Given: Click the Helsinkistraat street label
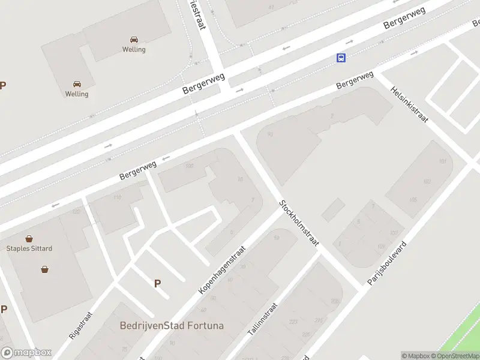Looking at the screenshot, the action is click(x=409, y=103).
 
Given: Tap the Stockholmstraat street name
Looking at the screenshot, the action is click(x=299, y=223).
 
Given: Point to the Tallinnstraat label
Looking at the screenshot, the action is click(x=262, y=319).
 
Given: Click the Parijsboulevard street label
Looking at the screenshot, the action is click(x=388, y=262).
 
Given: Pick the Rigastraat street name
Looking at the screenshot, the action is click(x=81, y=325).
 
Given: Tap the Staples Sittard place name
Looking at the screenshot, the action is click(x=29, y=248).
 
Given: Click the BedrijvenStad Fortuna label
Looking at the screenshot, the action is click(x=172, y=326).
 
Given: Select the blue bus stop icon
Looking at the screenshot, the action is click(x=341, y=58).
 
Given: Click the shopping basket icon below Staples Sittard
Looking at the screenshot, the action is click(x=44, y=269).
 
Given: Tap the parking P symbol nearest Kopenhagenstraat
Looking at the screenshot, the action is click(x=157, y=284).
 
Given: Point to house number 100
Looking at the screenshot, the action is click(x=190, y=166).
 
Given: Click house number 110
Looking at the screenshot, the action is click(x=117, y=197).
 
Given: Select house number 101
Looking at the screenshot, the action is click(x=443, y=162).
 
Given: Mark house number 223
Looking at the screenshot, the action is click(x=293, y=322).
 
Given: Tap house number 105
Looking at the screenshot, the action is click(x=413, y=200).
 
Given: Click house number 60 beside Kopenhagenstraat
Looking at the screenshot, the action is click(x=203, y=310).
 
